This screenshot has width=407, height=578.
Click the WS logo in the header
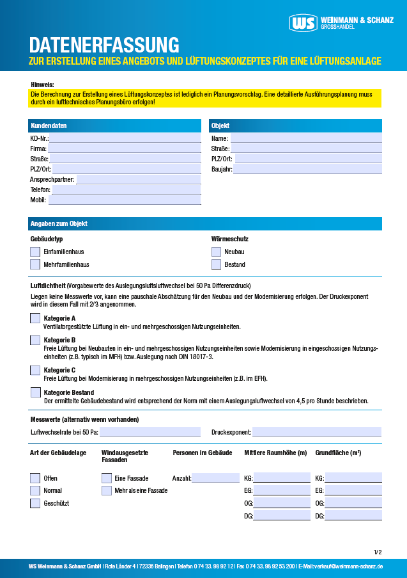[303, 22]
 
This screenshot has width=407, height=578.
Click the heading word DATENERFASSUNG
[104, 45]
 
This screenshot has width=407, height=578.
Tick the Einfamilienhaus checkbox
[35, 252]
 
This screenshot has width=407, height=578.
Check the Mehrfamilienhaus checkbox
[35, 264]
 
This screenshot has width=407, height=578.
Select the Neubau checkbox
[217, 252]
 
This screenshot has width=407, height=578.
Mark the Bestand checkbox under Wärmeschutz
[217, 264]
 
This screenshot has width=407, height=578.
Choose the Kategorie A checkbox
[35, 318]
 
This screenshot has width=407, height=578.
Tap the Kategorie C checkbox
[35, 370]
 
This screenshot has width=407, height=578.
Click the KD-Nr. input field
[125, 138]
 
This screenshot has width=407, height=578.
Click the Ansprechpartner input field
[139, 180]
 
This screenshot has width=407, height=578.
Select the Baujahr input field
[307, 170]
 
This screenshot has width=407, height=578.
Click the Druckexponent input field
[317, 432]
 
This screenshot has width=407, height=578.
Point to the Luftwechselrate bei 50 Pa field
[150, 432]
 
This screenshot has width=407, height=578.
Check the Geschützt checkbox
[35, 503]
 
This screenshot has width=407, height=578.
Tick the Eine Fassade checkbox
[107, 478]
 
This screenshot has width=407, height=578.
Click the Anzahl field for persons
[215, 478]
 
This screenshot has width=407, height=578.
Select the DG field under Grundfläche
[353, 516]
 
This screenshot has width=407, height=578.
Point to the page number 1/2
[378, 552]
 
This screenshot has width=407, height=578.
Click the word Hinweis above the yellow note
[42, 84]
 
